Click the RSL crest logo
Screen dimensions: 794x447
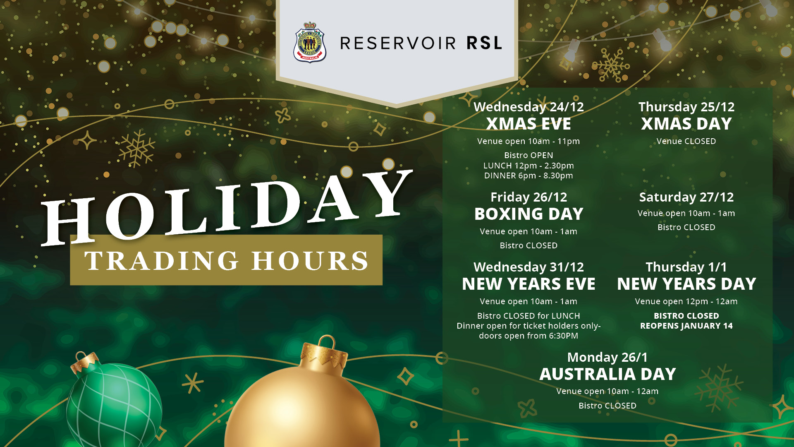[x=310, y=42]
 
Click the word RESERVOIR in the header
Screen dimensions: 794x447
[x=398, y=43]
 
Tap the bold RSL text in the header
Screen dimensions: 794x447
[x=484, y=43]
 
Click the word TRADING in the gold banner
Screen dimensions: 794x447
[x=162, y=261]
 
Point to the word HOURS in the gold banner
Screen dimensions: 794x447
[x=310, y=261]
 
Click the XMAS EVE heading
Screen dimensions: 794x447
[x=529, y=124]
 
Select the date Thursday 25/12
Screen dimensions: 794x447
[x=686, y=107]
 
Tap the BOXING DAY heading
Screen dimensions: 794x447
[x=529, y=214]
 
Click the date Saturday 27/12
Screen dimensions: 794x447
[x=686, y=197]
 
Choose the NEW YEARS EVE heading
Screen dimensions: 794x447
[x=529, y=284]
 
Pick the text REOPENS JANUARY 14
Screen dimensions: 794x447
[x=686, y=326]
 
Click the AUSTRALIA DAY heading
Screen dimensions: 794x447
[x=607, y=374]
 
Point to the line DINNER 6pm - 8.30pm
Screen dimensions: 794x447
[x=529, y=175]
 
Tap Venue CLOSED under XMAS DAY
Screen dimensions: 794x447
[x=686, y=141]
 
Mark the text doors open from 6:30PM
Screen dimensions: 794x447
[x=529, y=336]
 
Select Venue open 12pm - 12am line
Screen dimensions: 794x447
[x=686, y=301]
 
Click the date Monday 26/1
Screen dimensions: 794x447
[x=607, y=357]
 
